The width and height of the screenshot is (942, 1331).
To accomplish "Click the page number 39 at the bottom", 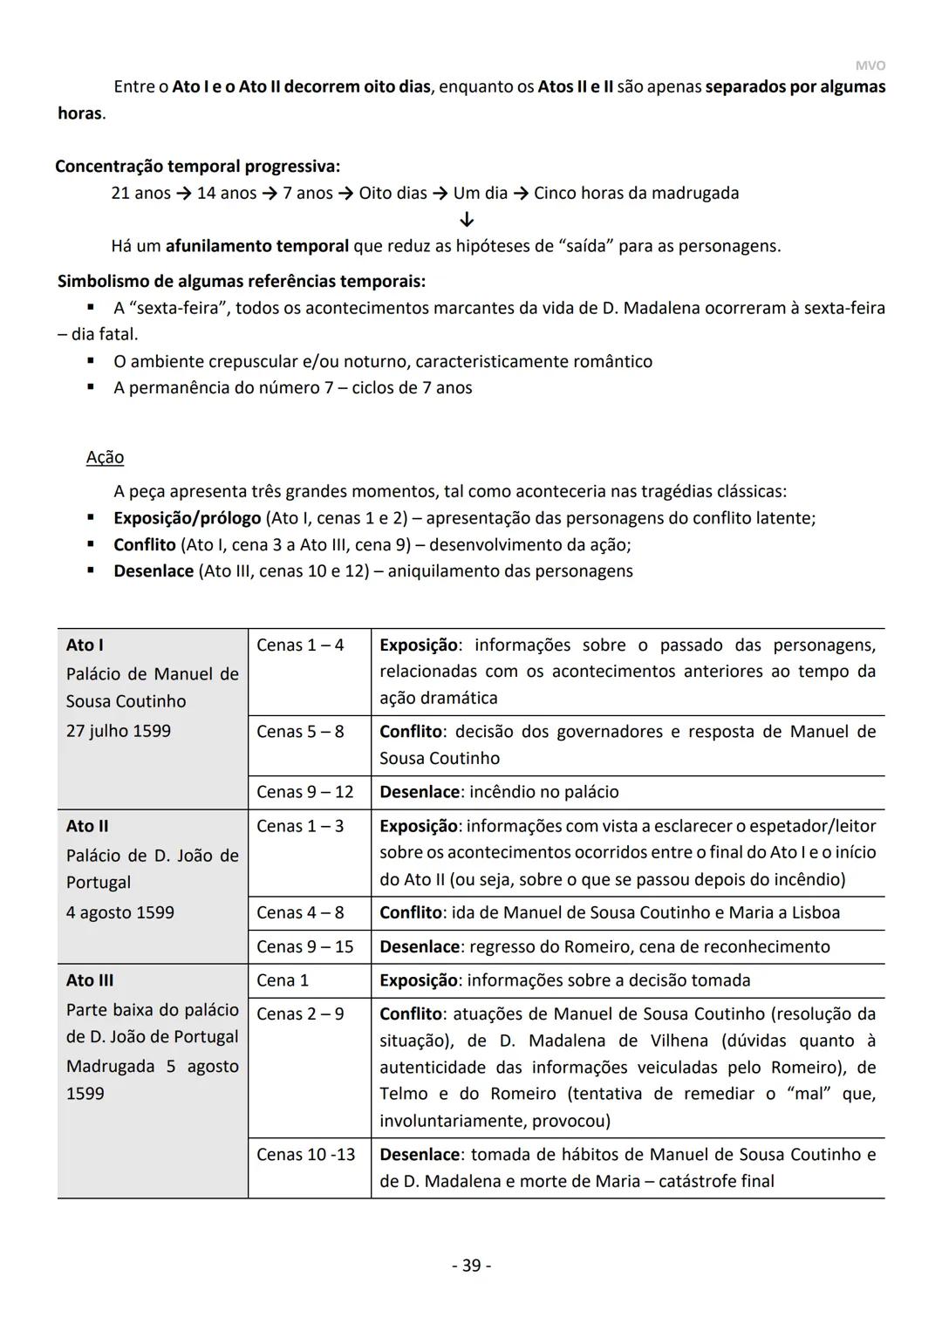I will pyautogui.click(x=471, y=1265).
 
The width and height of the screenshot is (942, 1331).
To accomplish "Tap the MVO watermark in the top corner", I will pyautogui.click(x=870, y=65).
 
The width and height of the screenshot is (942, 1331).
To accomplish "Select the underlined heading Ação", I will pyautogui.click(x=105, y=457).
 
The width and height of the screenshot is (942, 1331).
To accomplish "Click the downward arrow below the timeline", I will pyautogui.click(x=467, y=219).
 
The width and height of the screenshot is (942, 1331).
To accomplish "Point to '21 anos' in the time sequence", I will pyautogui.click(x=140, y=193).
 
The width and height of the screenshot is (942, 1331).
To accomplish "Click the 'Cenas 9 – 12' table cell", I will pyautogui.click(x=305, y=792).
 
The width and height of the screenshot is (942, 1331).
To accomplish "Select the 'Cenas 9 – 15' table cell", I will pyautogui.click(x=305, y=946).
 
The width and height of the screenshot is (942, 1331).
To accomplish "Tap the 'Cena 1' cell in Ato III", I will pyautogui.click(x=283, y=980).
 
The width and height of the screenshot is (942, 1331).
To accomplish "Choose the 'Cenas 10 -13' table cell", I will pyautogui.click(x=306, y=1154).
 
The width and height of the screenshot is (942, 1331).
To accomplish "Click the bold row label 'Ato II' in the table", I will pyautogui.click(x=87, y=826).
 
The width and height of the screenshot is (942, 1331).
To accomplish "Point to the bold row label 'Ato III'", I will pyautogui.click(x=90, y=980).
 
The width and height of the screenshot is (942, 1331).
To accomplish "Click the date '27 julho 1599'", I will pyautogui.click(x=119, y=731).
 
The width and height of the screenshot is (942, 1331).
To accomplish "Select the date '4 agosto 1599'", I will pyautogui.click(x=120, y=912).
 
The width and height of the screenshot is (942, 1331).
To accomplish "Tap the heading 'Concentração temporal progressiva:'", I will pyautogui.click(x=197, y=166).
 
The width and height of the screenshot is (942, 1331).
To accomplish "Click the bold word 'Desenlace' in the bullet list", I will pyautogui.click(x=154, y=571).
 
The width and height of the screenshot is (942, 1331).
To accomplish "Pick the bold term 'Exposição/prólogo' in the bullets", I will pyautogui.click(x=188, y=518).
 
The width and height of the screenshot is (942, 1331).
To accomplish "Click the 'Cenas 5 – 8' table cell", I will pyautogui.click(x=300, y=731).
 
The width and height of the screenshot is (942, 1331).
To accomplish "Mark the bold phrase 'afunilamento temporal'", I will pyautogui.click(x=257, y=246).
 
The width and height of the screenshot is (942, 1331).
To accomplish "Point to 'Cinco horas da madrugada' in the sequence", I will pyautogui.click(x=636, y=193).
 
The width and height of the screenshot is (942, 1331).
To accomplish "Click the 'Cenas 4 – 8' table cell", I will pyautogui.click(x=300, y=912).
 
